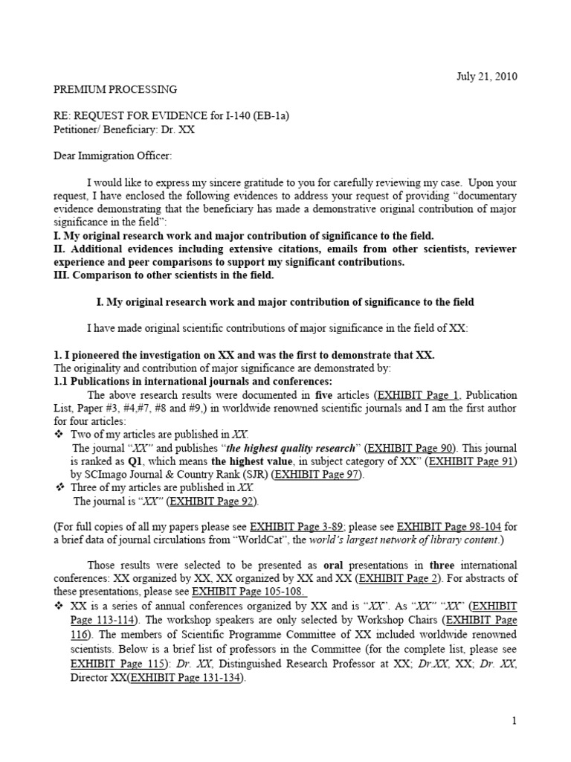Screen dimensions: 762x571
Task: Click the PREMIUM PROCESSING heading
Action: coord(114,89)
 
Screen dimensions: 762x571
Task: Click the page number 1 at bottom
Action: coord(513,720)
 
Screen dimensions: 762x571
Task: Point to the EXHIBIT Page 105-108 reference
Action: coord(239,592)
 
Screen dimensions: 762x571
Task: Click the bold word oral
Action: coord(318,565)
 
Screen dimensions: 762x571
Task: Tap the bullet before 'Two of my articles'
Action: coord(61,435)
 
